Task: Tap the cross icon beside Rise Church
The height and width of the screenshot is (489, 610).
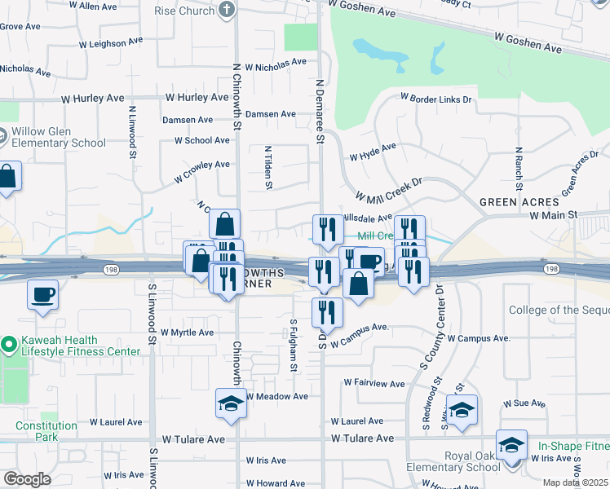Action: coord(228,11)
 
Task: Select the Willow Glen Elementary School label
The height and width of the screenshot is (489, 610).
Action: coord(60,137)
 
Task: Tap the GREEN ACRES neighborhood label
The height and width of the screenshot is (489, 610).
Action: coord(519,201)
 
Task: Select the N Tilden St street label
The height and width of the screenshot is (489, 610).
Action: coord(267,167)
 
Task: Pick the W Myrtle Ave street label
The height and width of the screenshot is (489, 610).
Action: coord(187,333)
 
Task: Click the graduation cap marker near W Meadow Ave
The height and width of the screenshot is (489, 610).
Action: coord(231,403)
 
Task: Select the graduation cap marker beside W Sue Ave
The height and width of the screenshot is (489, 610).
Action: coord(462,409)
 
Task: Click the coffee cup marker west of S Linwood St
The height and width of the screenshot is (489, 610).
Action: coord(42,295)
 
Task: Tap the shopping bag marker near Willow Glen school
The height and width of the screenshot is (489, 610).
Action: coord(7,177)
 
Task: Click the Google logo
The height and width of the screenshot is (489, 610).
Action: coord(27,479)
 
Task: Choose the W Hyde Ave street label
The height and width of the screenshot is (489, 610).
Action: coord(372,152)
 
